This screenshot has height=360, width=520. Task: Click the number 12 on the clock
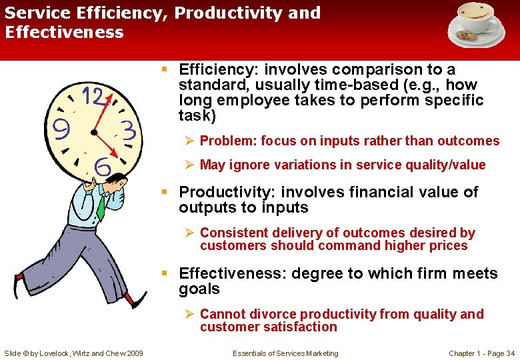(93, 97)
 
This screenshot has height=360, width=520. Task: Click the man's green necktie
(101, 207)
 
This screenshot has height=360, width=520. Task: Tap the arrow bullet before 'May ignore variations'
(189, 165)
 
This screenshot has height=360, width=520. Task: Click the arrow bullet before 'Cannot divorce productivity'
(189, 314)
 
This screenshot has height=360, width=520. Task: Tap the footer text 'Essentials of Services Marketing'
(285, 353)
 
